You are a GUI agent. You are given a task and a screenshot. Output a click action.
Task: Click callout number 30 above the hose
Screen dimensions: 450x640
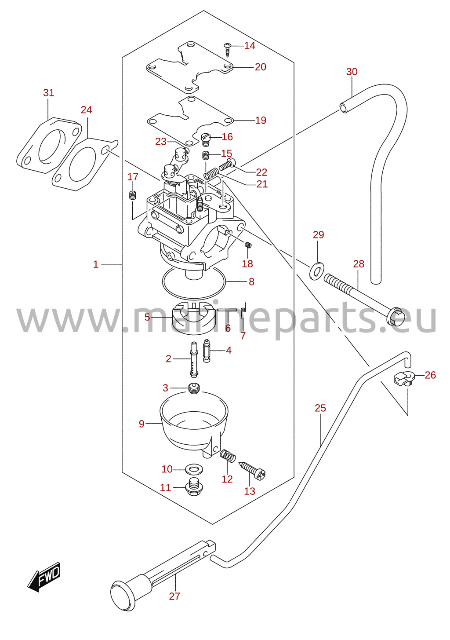tap(352, 72)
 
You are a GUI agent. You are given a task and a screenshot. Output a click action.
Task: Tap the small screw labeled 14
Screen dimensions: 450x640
tap(228, 50)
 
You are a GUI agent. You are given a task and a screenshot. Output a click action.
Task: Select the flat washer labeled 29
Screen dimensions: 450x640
tap(316, 270)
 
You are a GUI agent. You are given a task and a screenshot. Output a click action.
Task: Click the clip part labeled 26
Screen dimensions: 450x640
tap(403, 379)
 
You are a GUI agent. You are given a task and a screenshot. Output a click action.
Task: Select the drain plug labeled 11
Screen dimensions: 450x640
tap(194, 487)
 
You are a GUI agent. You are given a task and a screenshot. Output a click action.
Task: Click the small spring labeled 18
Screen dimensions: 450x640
tap(248, 245)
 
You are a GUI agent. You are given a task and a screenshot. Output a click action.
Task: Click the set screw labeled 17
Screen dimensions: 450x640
tap(132, 195)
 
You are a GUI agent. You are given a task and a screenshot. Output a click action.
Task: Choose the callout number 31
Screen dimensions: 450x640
tap(48, 93)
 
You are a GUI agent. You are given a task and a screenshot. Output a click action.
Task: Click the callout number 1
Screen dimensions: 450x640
tap(96, 264)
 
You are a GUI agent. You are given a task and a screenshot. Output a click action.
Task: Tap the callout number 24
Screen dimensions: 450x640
tap(86, 110)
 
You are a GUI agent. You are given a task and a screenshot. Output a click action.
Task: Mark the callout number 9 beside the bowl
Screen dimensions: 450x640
tap(142, 424)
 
